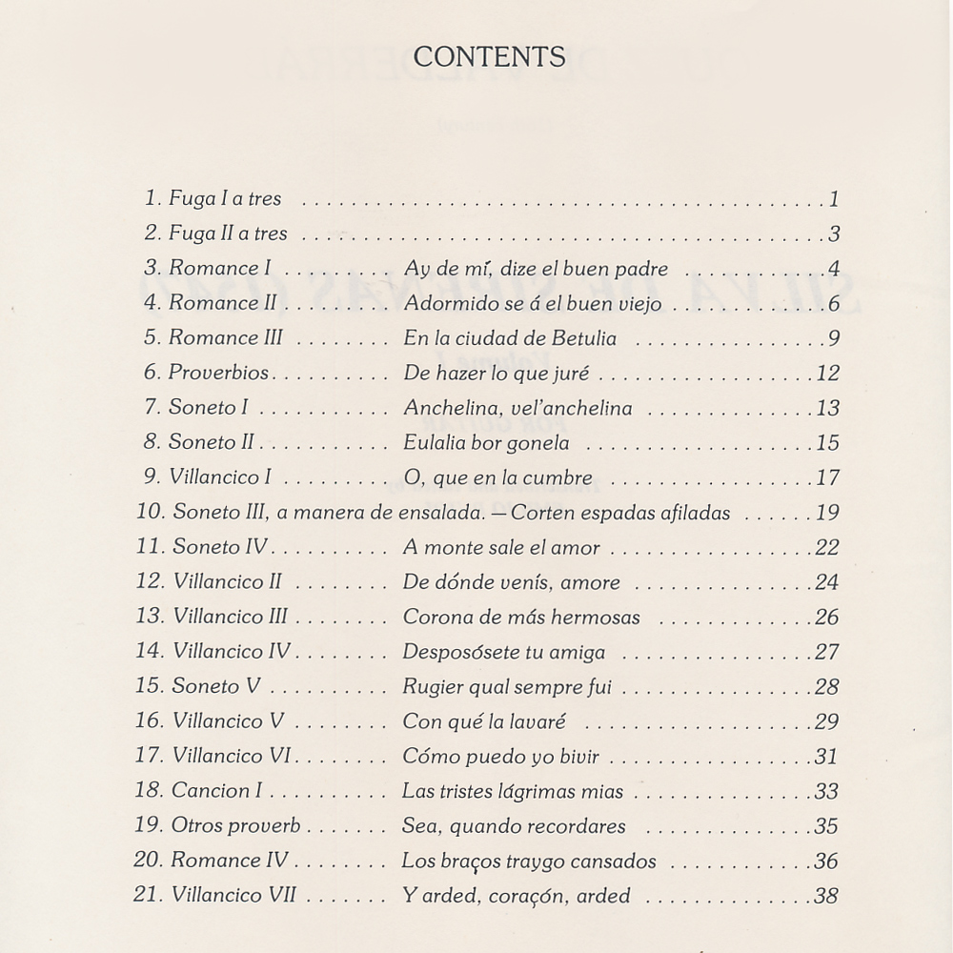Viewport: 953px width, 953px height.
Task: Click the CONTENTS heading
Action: click(x=489, y=57)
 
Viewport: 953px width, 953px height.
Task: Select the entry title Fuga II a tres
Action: click(x=228, y=233)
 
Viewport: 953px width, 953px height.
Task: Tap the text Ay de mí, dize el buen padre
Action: click(x=536, y=269)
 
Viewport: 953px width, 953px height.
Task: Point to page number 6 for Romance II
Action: click(x=833, y=304)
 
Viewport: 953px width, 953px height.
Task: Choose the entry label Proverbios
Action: click(x=219, y=373)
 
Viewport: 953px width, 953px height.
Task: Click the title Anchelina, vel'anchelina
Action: click(x=517, y=408)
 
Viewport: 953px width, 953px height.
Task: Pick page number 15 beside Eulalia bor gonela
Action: click(x=827, y=442)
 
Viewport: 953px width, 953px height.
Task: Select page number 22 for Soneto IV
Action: click(x=827, y=547)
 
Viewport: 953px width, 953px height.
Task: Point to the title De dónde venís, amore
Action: click(x=511, y=582)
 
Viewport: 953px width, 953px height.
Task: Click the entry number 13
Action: click(x=150, y=617)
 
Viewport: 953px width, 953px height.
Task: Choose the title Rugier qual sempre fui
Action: click(x=507, y=686)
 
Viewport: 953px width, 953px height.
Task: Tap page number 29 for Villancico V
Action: click(x=827, y=721)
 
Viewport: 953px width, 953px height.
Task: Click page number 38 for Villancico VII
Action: click(x=827, y=896)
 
